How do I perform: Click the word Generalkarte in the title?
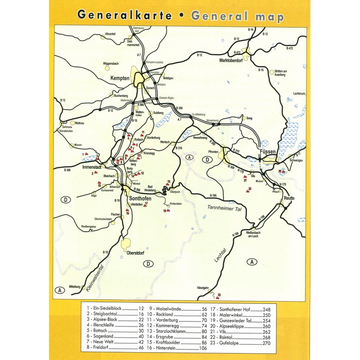125,16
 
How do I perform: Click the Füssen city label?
268,153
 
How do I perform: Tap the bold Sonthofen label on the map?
143,198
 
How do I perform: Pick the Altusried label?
111,34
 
